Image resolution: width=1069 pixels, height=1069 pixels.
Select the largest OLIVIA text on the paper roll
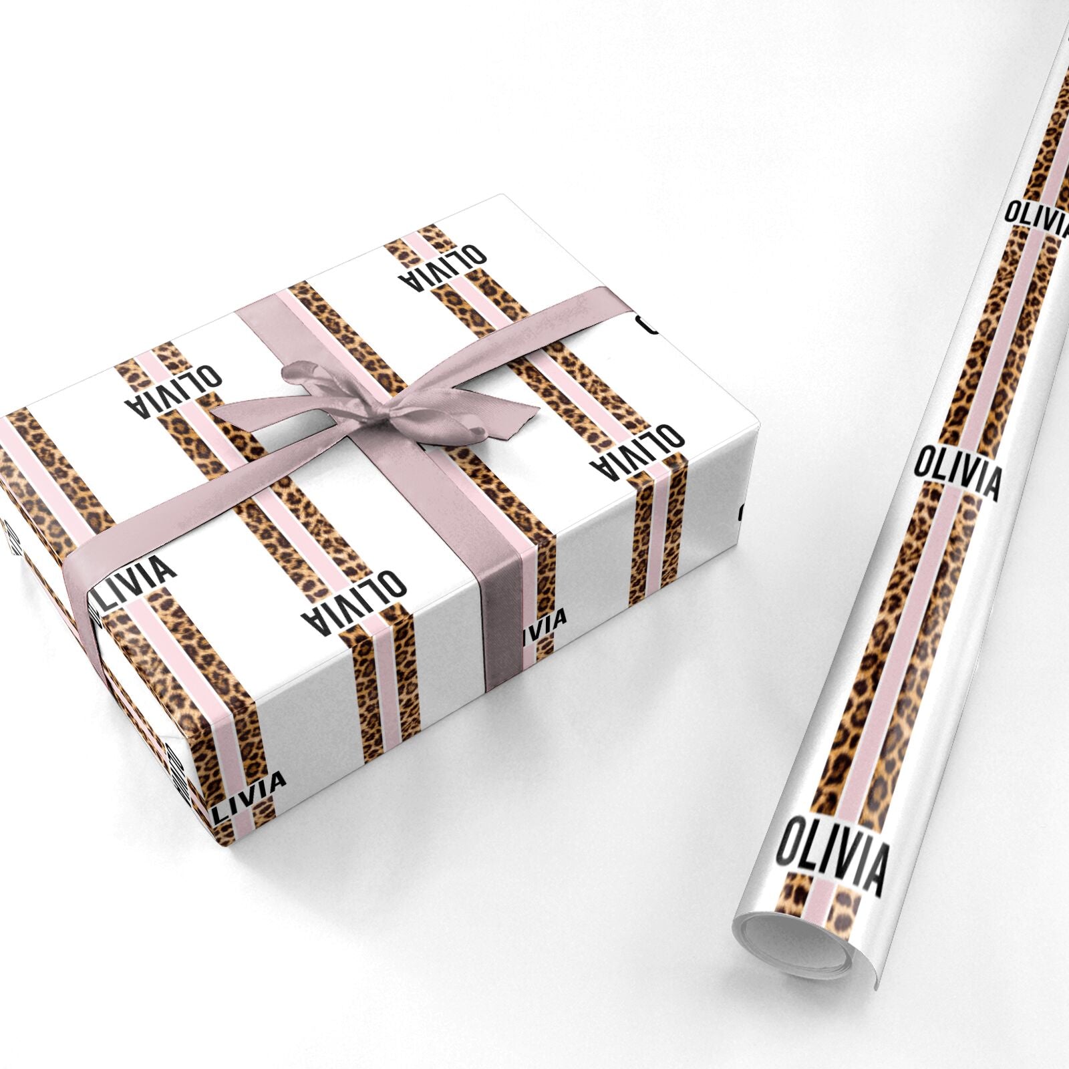click(832, 857)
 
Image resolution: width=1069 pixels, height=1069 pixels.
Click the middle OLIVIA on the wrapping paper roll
click(957, 470)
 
